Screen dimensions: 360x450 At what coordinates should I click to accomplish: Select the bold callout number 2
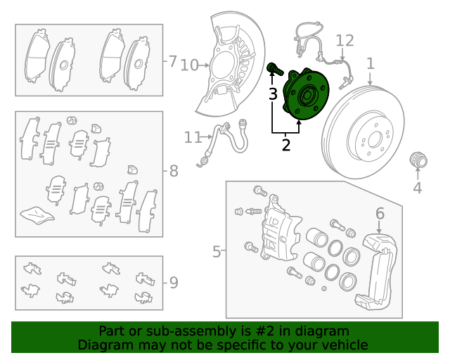[285, 146]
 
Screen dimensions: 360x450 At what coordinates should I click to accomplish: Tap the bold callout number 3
[273, 94]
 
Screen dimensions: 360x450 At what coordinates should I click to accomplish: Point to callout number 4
[417, 187]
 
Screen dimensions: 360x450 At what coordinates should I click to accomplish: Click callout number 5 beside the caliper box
[217, 250]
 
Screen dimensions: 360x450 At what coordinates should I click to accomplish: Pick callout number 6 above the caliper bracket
[380, 213]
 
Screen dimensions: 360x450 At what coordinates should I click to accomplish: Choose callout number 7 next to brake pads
[172, 61]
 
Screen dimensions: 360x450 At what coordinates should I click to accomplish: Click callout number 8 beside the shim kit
[173, 171]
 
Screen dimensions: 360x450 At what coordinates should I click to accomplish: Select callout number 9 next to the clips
[173, 283]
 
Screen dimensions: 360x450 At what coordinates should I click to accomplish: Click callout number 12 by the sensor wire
[344, 40]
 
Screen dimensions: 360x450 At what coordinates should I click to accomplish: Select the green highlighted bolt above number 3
[274, 69]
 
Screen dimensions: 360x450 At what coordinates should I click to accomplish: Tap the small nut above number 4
[418, 160]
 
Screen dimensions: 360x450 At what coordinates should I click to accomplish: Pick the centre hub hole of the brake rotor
[370, 138]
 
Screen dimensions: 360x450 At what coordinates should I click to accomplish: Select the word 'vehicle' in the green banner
[343, 345]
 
